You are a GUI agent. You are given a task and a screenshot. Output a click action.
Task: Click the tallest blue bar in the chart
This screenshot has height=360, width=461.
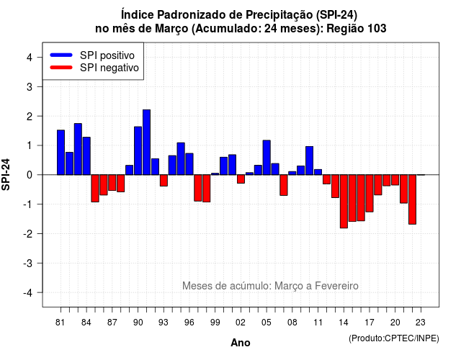pos(146,143)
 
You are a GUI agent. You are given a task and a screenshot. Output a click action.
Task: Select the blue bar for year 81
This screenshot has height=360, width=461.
pos(61,153)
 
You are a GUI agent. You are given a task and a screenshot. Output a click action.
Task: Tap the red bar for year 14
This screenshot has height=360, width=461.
pos(344,202)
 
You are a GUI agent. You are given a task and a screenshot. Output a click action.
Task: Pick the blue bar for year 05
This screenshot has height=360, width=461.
pos(267,158)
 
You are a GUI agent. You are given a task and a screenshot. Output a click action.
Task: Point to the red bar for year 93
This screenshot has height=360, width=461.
pos(164,181)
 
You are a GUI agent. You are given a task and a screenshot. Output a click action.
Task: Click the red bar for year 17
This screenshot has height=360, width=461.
pos(370,194)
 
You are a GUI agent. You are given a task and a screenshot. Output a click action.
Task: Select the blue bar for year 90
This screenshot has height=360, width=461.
pos(138,150)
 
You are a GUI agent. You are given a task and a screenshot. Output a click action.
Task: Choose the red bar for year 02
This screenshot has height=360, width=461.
pos(241,179)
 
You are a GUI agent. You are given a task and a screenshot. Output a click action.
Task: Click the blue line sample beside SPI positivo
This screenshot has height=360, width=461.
pos(61,55)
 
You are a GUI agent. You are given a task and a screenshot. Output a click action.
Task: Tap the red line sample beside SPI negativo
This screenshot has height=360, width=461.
pos(61,67)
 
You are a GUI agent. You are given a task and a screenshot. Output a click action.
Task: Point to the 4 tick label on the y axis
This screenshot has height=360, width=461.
pos(30,58)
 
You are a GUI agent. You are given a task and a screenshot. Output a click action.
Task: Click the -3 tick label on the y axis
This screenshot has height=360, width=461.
pos(28,264)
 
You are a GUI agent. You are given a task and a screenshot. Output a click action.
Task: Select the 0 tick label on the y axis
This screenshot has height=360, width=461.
pos(30,175)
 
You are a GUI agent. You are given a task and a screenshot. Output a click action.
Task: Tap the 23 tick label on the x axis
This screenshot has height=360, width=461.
pos(421,323)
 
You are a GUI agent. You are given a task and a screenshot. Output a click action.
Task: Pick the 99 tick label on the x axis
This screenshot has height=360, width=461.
pos(215,323)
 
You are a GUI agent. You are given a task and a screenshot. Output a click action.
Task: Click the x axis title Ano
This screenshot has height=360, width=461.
pos(241,343)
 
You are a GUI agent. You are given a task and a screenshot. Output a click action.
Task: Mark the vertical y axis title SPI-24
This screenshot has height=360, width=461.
pos(6,174)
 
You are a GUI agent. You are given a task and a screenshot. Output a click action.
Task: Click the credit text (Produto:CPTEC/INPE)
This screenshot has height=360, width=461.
pos(394,338)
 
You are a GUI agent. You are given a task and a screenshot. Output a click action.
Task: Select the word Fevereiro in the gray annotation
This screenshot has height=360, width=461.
pos(336,286)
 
